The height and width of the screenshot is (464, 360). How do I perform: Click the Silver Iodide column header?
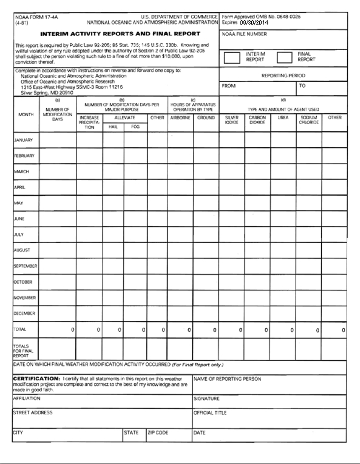click(232, 121)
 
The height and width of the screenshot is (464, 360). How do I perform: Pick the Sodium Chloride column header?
click(308, 121)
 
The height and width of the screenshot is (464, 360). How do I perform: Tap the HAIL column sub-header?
click(113, 126)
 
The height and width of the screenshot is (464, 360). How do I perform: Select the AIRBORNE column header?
click(180, 118)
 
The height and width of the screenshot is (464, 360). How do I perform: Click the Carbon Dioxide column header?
click(257, 121)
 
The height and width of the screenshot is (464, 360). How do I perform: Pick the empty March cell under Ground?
click(206, 172)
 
